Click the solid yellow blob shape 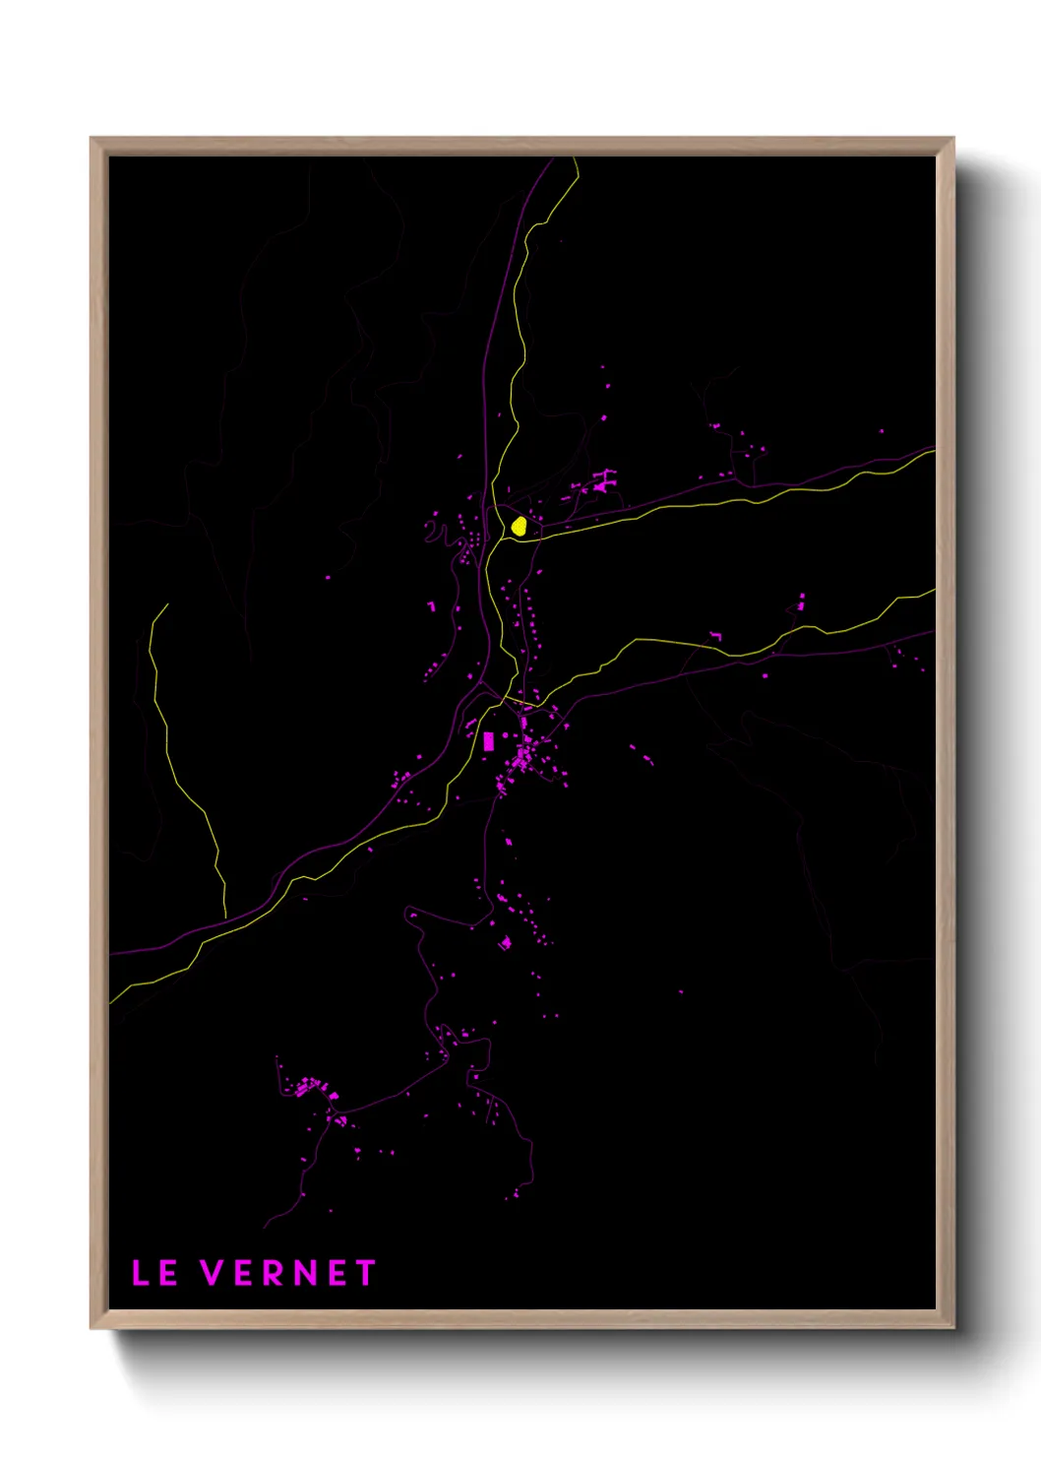(x=519, y=526)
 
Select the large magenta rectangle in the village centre (x=488, y=741)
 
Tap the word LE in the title (x=154, y=1273)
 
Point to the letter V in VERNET (x=213, y=1273)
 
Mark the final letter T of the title (x=366, y=1273)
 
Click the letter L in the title (x=140, y=1273)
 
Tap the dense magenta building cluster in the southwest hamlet (x=313, y=1088)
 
